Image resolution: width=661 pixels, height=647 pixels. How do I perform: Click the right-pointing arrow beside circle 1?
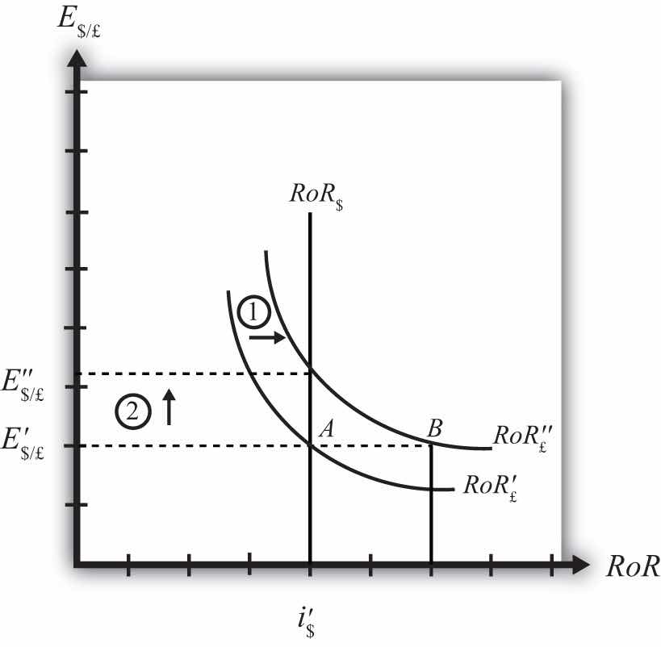tap(267, 338)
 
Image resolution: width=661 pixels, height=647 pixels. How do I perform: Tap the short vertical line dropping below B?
tap(431, 504)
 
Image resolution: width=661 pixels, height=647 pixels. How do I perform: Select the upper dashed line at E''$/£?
tap(194, 374)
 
